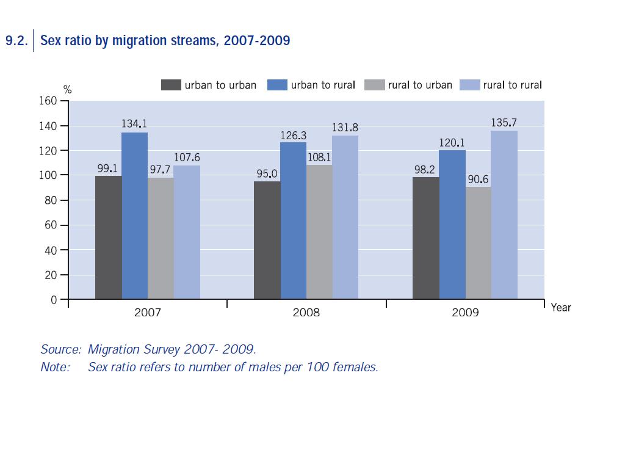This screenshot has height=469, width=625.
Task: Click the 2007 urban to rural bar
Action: (134, 216)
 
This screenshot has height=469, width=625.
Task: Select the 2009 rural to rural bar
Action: (504, 215)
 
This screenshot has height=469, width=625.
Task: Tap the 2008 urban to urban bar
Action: (267, 240)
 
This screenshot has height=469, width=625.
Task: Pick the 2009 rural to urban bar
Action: (478, 243)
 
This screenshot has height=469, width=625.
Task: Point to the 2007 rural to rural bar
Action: (187, 232)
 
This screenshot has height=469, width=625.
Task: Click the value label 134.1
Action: (134, 124)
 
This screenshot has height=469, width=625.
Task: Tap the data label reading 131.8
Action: (345, 128)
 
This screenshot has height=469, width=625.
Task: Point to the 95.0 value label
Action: (267, 174)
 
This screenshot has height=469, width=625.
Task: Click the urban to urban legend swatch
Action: (171, 85)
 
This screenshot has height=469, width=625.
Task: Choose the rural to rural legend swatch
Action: (469, 85)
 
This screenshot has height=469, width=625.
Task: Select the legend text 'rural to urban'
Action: (420, 85)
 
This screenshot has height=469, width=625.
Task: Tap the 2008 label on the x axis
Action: (306, 313)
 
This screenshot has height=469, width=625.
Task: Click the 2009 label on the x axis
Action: (465, 313)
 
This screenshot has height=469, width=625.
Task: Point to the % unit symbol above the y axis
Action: (67, 90)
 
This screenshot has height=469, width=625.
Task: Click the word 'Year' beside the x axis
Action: (561, 308)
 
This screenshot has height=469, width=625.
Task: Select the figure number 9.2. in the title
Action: (16, 42)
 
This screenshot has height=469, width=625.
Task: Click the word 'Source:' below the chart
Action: (60, 349)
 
